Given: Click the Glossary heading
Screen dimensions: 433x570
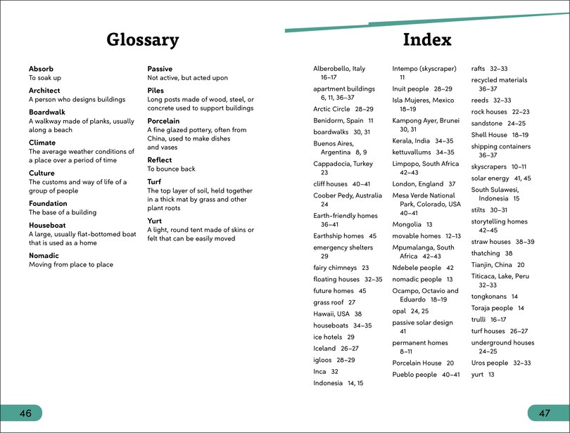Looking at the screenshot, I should point(143,40).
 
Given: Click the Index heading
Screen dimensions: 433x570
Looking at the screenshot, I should point(427,40).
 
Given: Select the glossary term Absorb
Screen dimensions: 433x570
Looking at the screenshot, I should point(41,69).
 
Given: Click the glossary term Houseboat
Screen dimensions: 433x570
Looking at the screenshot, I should point(47,226).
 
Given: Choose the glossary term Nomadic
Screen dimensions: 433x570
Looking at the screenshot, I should point(44,256).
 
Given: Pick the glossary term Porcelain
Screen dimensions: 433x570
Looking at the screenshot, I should point(163,121).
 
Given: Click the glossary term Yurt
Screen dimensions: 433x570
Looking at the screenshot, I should point(154,221).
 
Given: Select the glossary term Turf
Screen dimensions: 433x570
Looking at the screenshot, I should point(154,181).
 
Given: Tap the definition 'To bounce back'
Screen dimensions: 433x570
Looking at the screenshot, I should point(171,169).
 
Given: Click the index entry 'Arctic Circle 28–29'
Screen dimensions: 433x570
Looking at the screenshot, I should point(343,109).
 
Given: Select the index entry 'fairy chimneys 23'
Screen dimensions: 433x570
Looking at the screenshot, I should point(341,268).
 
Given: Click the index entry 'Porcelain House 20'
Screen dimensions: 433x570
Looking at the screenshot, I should point(422,363).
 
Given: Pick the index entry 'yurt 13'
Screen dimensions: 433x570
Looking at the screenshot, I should point(483,375).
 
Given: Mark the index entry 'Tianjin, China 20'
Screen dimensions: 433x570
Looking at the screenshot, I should point(498,265).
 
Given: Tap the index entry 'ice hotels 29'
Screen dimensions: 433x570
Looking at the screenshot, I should point(334,337).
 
